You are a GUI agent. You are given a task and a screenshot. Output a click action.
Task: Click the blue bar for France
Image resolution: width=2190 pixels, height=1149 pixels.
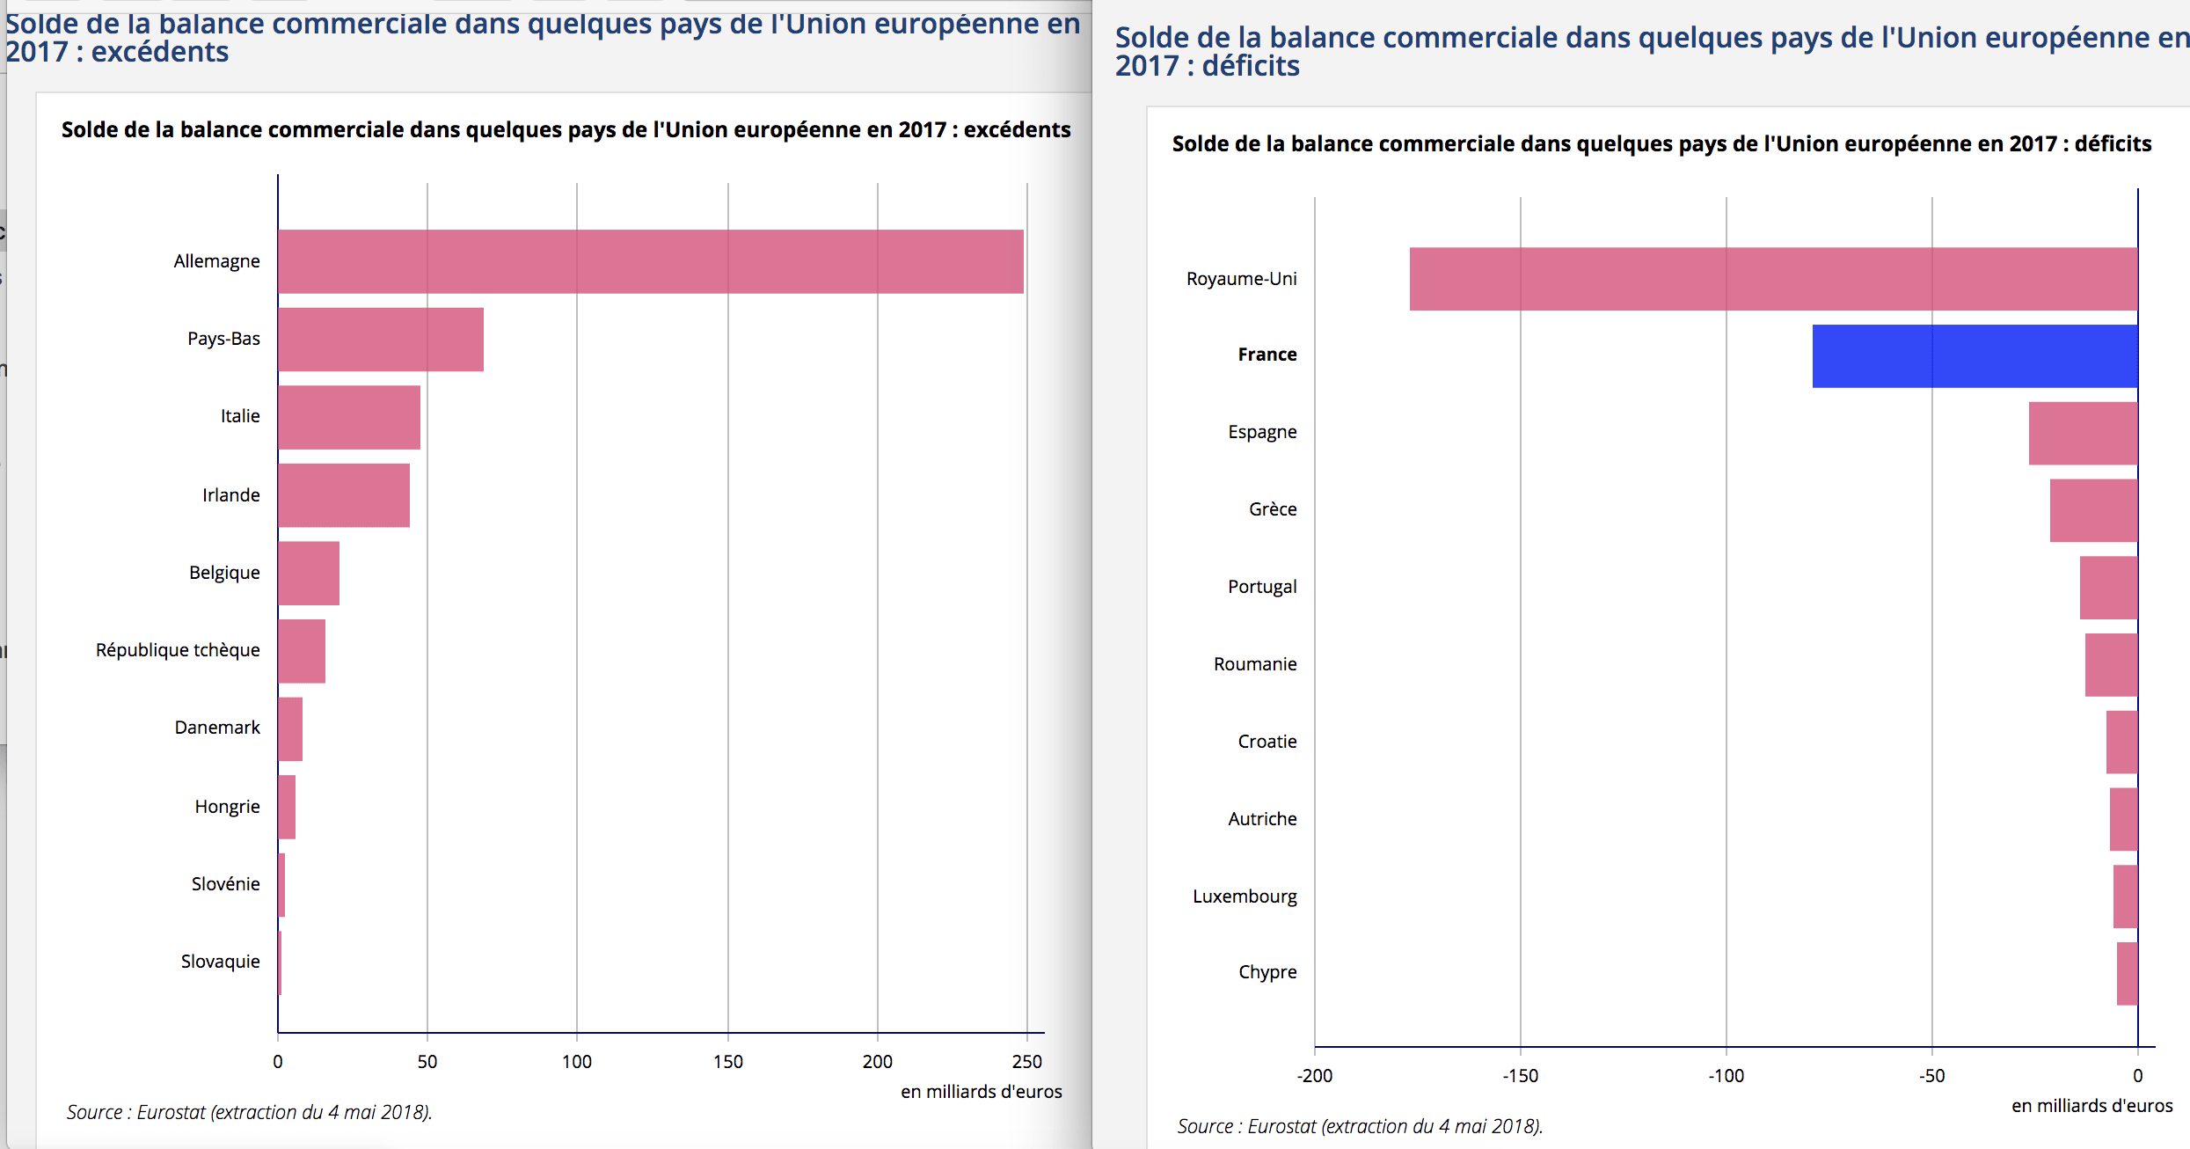point(1975,355)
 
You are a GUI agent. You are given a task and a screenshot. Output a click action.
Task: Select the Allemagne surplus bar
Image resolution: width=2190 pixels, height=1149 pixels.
point(650,261)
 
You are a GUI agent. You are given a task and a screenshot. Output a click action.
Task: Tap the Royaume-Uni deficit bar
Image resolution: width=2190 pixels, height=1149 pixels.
point(1773,279)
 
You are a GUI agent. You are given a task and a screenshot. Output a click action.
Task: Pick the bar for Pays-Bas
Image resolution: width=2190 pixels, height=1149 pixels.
point(380,339)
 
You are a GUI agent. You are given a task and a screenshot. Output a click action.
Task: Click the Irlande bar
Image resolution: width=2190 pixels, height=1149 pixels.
point(343,495)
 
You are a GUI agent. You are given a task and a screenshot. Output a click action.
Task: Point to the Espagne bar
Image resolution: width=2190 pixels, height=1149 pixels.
point(2083,433)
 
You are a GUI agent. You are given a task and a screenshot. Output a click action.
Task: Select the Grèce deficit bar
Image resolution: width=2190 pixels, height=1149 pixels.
point(2093,510)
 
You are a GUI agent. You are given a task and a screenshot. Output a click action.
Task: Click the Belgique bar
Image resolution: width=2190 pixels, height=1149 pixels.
point(308,573)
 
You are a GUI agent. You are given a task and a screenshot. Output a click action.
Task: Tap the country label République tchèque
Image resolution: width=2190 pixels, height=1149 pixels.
point(178,650)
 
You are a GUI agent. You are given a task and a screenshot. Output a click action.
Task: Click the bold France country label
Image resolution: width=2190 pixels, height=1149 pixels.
point(1267,355)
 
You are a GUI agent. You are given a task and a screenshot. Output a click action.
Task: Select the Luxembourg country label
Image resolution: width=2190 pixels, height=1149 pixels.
point(1245,897)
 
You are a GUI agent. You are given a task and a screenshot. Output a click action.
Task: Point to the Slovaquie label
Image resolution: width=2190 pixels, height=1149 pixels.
point(220,962)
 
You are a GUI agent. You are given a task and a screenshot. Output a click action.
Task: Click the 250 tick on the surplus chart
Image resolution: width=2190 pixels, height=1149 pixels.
point(1026,1062)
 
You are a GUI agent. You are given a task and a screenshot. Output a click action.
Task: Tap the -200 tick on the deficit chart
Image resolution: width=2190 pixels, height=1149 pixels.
point(1314,1076)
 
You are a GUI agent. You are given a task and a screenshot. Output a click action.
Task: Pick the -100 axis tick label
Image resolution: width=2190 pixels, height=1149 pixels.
point(1726,1076)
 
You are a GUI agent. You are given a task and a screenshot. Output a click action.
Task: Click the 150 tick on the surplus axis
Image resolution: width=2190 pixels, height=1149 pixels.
point(727,1062)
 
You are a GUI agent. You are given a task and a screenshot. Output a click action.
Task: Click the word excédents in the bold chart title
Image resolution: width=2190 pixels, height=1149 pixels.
point(1017,130)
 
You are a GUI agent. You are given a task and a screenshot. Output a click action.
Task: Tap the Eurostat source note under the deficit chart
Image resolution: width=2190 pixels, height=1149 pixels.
point(1360,1126)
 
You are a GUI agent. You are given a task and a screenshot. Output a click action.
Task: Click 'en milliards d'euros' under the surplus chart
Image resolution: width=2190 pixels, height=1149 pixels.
point(981,1092)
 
